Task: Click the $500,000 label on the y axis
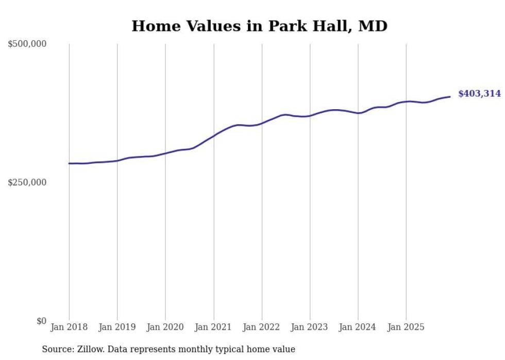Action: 27,44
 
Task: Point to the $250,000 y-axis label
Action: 27,182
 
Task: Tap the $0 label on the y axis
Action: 41,321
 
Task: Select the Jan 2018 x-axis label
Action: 69,327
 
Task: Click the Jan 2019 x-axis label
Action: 117,327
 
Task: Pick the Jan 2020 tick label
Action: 165,327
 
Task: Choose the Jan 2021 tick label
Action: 213,327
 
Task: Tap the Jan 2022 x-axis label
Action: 262,327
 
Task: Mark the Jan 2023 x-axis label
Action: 310,327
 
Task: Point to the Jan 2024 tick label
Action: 358,327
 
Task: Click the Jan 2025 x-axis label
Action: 406,327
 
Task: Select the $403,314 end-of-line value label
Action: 479,94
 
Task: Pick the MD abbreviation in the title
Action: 373,26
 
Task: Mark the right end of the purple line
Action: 450,96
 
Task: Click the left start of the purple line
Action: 69,163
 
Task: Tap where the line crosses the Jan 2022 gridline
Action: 262,123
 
